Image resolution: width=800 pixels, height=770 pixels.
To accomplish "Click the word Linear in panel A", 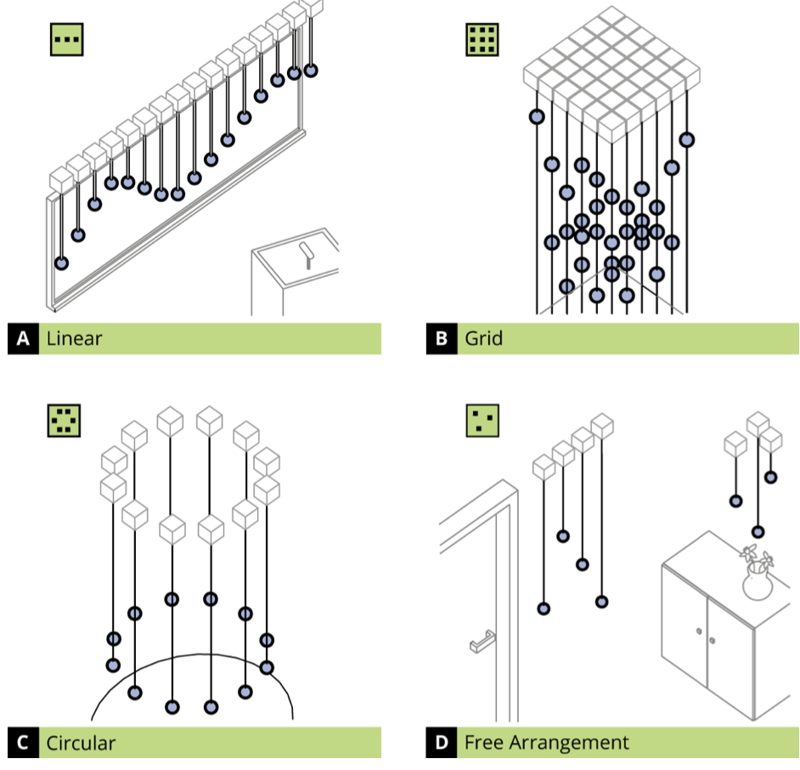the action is [x=74, y=338].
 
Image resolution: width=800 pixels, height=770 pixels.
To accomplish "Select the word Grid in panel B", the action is [x=484, y=338].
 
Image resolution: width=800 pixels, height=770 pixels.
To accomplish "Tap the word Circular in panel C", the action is [x=81, y=743].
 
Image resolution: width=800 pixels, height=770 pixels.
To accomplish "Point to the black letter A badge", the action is [x=23, y=338].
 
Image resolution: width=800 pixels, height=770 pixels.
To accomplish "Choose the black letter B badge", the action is [x=442, y=338].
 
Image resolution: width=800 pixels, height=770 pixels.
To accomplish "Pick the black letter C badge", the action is [x=23, y=743].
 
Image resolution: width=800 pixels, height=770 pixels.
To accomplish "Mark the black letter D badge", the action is [x=442, y=743].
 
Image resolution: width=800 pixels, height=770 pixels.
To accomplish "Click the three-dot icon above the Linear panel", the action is [x=67, y=39].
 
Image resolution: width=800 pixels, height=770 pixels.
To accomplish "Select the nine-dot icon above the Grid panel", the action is [x=482, y=39].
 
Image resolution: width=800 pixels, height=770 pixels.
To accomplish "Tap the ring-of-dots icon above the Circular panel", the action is [x=64, y=421].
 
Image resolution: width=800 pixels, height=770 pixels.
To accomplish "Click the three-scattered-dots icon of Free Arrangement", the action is [x=482, y=421].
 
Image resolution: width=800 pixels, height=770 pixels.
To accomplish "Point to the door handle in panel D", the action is [x=482, y=642].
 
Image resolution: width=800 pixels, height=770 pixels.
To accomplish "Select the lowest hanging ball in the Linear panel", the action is [x=61, y=263].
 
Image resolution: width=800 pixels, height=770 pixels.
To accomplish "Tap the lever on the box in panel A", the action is [x=307, y=255].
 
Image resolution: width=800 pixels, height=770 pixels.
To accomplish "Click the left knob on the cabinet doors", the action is [x=699, y=631].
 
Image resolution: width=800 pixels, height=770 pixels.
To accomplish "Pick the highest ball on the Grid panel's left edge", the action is [x=537, y=117].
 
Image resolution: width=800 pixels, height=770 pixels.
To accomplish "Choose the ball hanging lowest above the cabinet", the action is [x=758, y=532].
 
